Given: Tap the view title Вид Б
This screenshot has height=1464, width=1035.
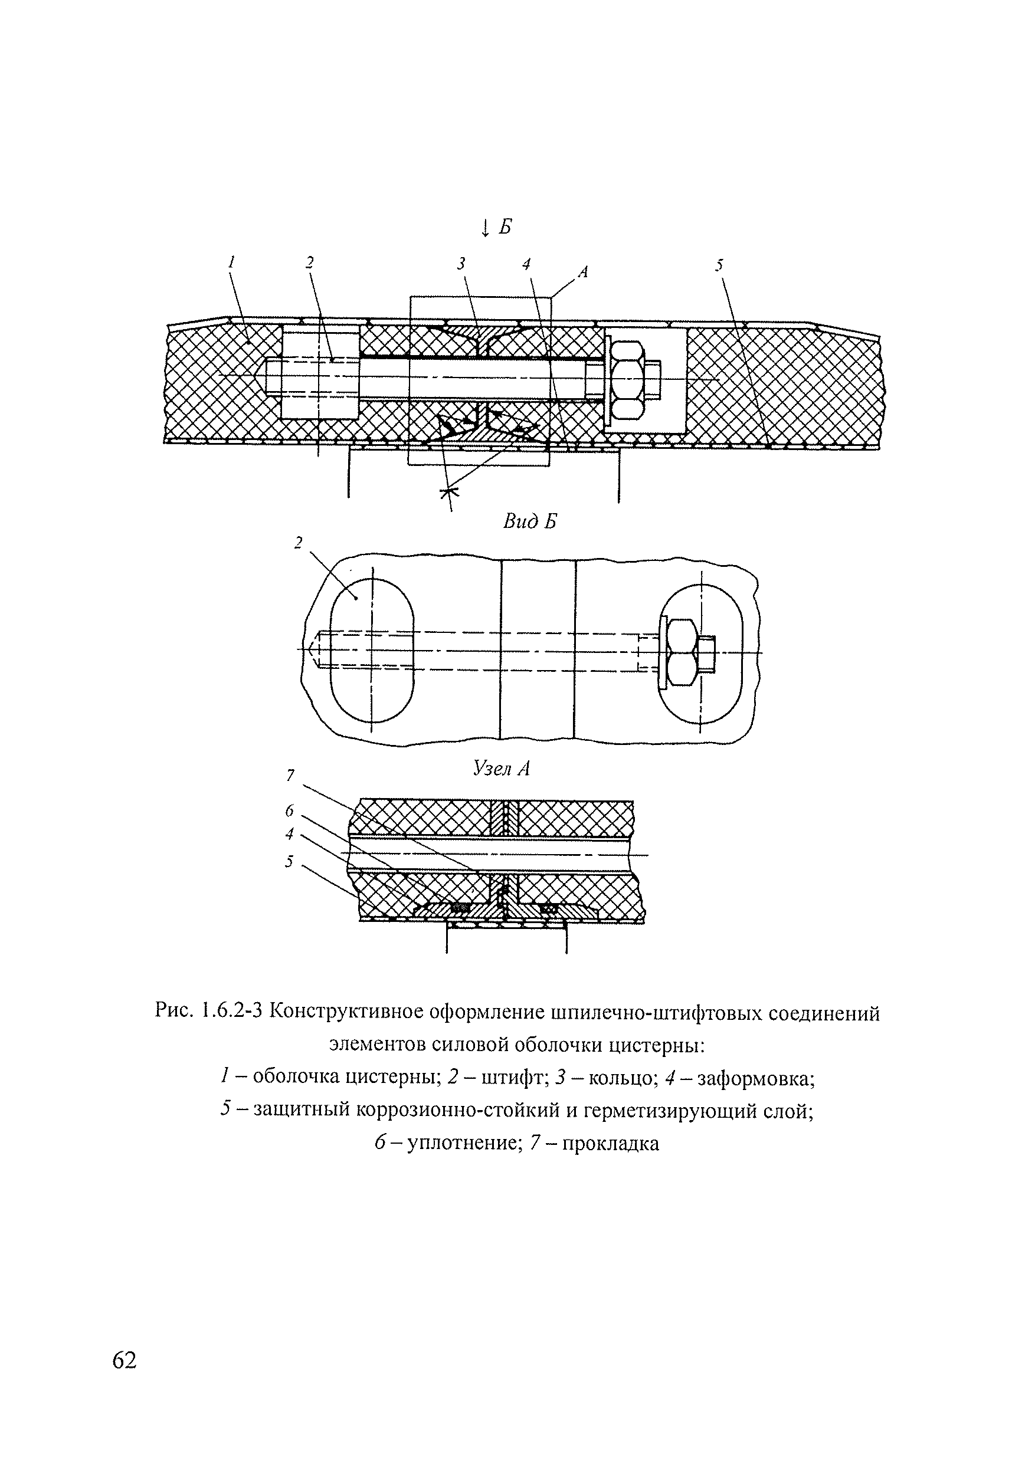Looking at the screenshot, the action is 529,522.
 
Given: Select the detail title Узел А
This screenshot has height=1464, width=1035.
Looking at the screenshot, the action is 501,769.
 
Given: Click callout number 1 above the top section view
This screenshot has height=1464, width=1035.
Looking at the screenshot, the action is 232,261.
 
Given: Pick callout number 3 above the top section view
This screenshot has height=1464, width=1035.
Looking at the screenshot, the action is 461,263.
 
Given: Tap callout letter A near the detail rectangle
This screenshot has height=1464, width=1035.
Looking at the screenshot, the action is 582,273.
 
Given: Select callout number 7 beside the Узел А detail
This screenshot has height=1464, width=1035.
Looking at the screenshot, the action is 291,776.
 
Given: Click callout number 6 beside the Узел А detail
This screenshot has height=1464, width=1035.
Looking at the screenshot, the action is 290,811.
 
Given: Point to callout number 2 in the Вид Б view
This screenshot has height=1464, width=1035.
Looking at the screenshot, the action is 298,542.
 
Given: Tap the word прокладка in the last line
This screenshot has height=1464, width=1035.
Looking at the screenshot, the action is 611,1144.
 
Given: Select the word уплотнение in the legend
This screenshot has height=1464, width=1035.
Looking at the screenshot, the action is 463,1144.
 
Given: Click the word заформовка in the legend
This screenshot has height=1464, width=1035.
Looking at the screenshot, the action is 757,1078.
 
